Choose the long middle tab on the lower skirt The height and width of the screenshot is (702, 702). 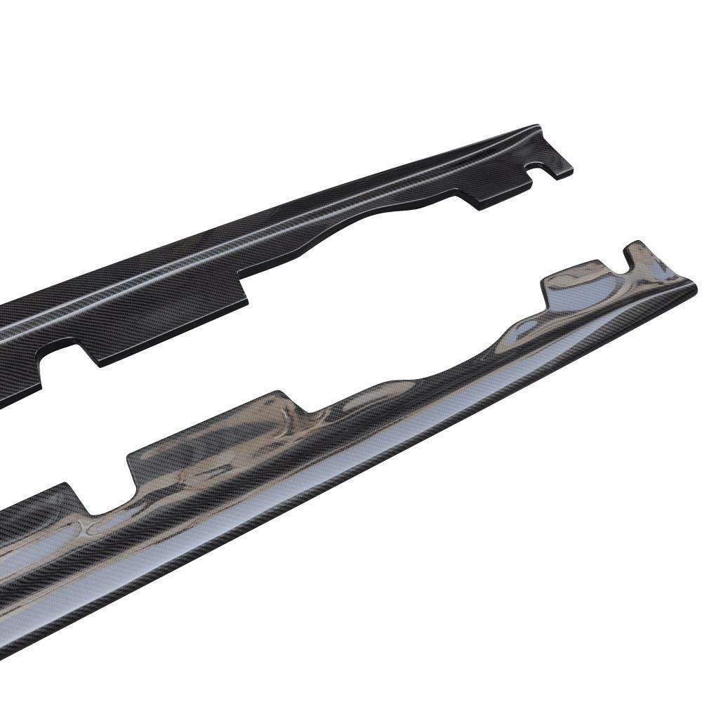(211, 442)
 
